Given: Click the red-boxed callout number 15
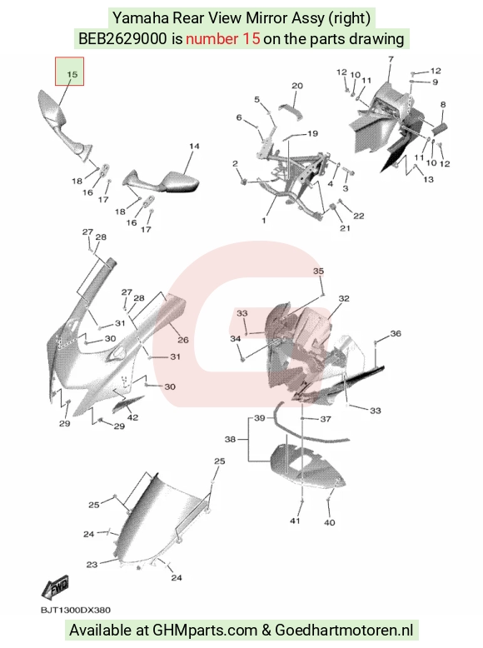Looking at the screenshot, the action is tap(72, 74).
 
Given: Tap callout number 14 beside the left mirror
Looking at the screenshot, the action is tap(194, 147).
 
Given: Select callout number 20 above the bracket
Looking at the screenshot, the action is tap(297, 86).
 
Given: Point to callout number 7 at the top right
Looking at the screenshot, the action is tap(391, 59).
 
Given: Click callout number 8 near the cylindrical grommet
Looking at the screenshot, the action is tap(443, 105).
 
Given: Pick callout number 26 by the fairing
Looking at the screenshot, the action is tap(183, 340).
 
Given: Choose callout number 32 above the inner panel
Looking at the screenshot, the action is tap(344, 298).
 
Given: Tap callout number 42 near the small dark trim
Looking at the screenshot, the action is tap(132, 417).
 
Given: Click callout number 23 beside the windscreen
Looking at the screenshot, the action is tap(92, 565).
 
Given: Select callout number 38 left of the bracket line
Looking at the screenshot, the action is tap(230, 439).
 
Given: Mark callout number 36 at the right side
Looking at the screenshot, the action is tap(396, 333).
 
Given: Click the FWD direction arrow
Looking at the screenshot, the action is tap(55, 587).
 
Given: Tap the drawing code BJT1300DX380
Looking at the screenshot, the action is tap(76, 611).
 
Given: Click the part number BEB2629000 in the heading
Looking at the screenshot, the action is tap(122, 39).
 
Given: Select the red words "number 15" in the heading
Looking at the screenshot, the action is tap(223, 39).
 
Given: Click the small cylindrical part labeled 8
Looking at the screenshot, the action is tap(440, 128).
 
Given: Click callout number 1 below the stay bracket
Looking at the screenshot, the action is tap(264, 220).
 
